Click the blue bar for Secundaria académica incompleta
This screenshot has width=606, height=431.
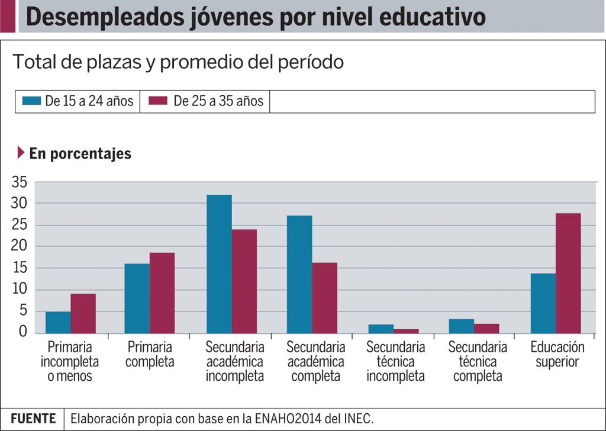click(219, 263)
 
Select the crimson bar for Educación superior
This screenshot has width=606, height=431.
click(568, 273)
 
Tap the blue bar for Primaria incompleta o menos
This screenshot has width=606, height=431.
click(58, 322)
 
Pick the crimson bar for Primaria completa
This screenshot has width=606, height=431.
click(162, 292)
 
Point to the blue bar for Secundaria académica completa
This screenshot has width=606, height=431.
click(299, 274)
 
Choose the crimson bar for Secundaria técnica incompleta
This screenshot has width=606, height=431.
click(406, 331)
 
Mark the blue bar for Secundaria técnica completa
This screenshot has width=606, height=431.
click(462, 326)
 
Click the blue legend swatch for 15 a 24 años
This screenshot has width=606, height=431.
click(31, 101)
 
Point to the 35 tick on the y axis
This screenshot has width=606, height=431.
click(19, 182)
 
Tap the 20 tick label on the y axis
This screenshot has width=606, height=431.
click(19, 246)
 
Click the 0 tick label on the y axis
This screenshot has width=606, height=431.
click(23, 332)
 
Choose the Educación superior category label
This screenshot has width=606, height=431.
click(557, 354)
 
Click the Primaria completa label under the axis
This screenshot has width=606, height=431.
click(150, 354)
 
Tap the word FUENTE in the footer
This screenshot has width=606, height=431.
click(33, 418)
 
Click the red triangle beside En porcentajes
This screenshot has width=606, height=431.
click(21, 153)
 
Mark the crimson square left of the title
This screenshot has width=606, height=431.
click(8, 17)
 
